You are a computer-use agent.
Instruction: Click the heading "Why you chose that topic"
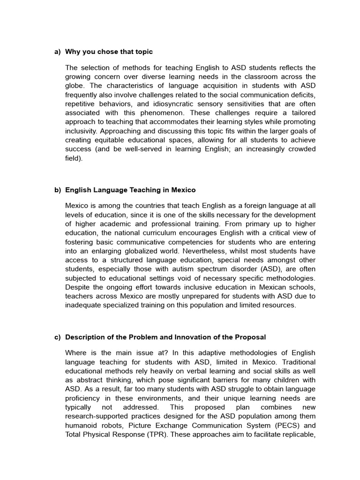[109, 52]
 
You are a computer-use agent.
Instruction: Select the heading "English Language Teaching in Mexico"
[130, 190]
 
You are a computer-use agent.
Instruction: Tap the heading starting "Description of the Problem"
[165, 337]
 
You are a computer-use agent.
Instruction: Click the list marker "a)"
[58, 52]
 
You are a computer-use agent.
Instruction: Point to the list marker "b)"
[58, 190]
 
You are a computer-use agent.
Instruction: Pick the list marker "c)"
[58, 337]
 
